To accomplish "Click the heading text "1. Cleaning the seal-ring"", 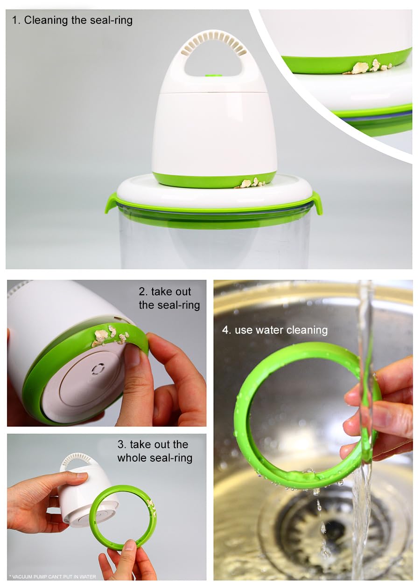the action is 72,20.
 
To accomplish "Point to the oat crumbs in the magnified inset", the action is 368,67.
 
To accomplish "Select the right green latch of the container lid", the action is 316,203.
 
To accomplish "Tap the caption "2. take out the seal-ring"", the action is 169,298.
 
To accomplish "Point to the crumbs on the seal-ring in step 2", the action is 110,335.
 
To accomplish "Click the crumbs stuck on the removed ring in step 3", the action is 152,508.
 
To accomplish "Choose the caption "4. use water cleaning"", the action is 275,330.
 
